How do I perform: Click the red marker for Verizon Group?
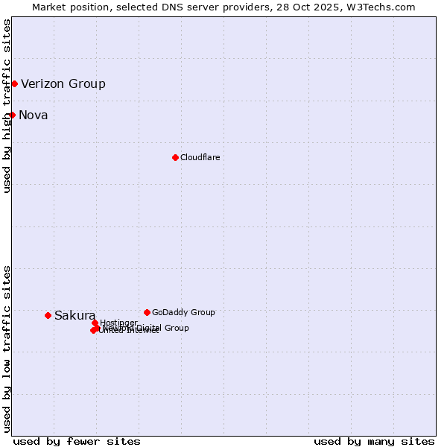14,83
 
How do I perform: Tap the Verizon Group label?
63,84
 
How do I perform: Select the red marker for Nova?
12,115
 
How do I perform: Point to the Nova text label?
34,115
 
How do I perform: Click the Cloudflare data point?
175,157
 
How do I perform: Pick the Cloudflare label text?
200,158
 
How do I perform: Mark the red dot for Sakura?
48,315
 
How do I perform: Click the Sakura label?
74,316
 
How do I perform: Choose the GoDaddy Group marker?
147,312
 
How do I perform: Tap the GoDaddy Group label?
183,313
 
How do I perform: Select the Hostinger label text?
118,323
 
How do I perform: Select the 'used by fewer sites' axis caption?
77,441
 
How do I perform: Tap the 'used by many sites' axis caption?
374,441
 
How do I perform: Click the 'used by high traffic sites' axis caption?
7,106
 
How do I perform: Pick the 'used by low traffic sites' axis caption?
7,349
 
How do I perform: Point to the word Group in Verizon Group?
86,84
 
